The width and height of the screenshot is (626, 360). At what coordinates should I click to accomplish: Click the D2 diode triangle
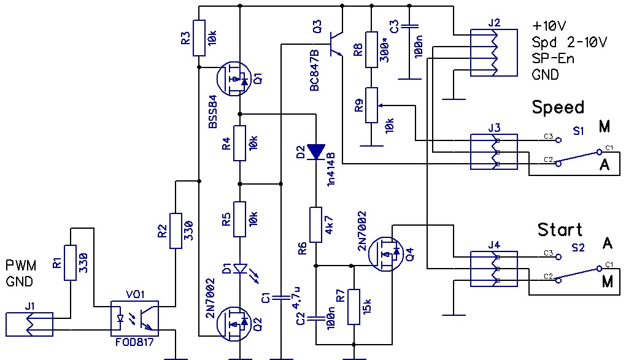click(316, 151)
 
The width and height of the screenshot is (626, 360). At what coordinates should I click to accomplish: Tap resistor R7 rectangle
click(354, 307)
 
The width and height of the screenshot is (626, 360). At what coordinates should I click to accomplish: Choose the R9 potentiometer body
click(371, 105)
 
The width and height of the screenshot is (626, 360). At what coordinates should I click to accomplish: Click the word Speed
click(558, 107)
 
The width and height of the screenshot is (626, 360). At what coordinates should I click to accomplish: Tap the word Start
click(559, 230)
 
